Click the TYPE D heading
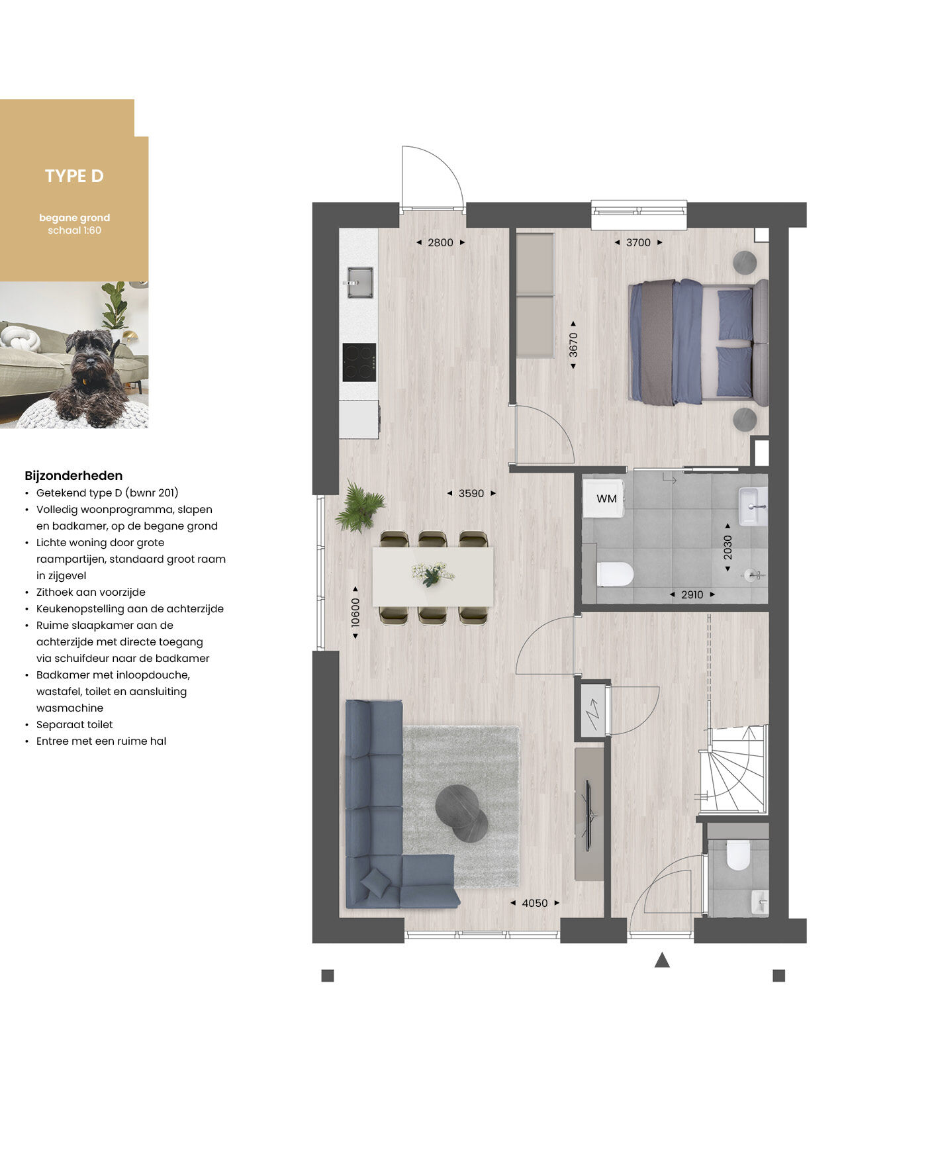click(x=74, y=176)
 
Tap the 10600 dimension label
click(x=355, y=612)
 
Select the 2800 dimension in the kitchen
click(x=440, y=242)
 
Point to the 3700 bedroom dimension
click(x=638, y=242)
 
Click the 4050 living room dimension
click(x=535, y=903)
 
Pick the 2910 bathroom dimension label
click(x=692, y=594)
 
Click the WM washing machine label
click(x=606, y=498)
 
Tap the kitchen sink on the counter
click(x=359, y=283)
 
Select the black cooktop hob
click(x=359, y=362)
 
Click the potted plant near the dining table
click(x=359, y=506)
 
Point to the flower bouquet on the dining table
click(x=432, y=573)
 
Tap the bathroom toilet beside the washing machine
click(x=615, y=574)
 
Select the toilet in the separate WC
click(x=737, y=855)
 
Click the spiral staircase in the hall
click(x=733, y=769)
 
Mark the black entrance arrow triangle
click(x=662, y=960)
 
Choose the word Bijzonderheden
click(x=73, y=475)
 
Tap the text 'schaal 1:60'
click(x=74, y=230)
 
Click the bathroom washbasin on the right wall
click(x=753, y=506)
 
